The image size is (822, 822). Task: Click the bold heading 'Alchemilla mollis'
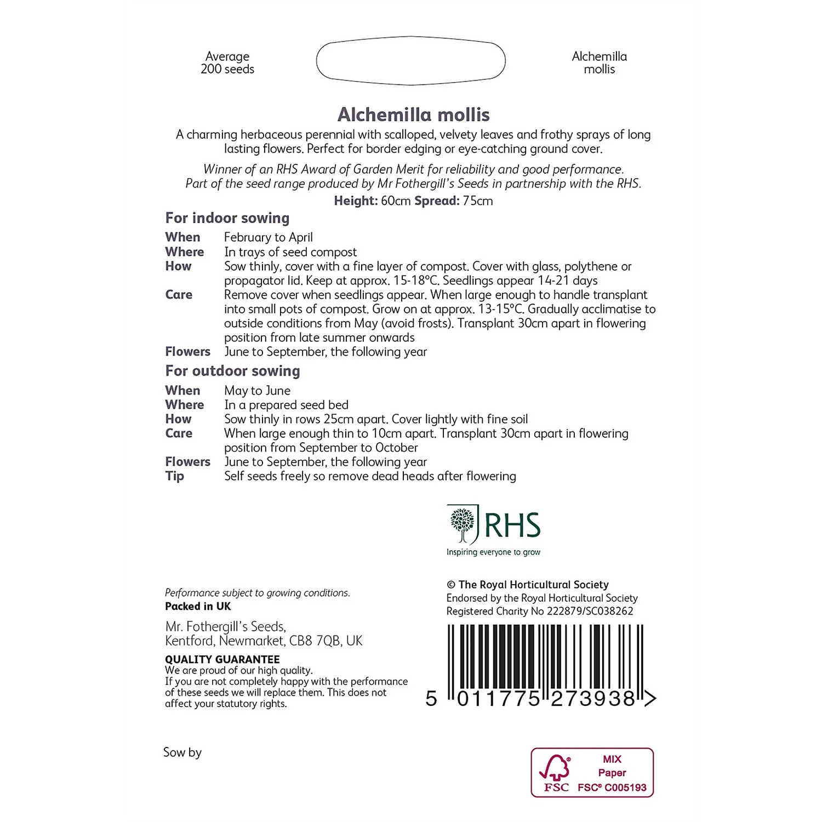[413, 115]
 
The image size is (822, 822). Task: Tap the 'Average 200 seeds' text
[227, 62]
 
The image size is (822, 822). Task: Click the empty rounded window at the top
[410, 61]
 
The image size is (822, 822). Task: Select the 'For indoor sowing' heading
[227, 218]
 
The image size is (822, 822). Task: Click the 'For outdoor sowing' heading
[233, 371]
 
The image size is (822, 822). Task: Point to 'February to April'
[269, 237]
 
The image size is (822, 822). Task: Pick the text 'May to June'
[258, 391]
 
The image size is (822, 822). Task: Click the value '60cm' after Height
[396, 201]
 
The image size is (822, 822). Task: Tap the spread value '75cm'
[478, 201]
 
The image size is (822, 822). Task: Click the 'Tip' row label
[175, 476]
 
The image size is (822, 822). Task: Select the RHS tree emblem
[463, 524]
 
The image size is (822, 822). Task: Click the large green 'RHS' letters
[512, 526]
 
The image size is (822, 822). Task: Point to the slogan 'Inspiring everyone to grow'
[493, 552]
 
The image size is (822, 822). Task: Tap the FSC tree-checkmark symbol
[555, 768]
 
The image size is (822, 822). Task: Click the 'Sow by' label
[182, 752]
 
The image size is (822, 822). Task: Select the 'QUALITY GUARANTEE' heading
[222, 659]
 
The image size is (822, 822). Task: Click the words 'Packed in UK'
[198, 607]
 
